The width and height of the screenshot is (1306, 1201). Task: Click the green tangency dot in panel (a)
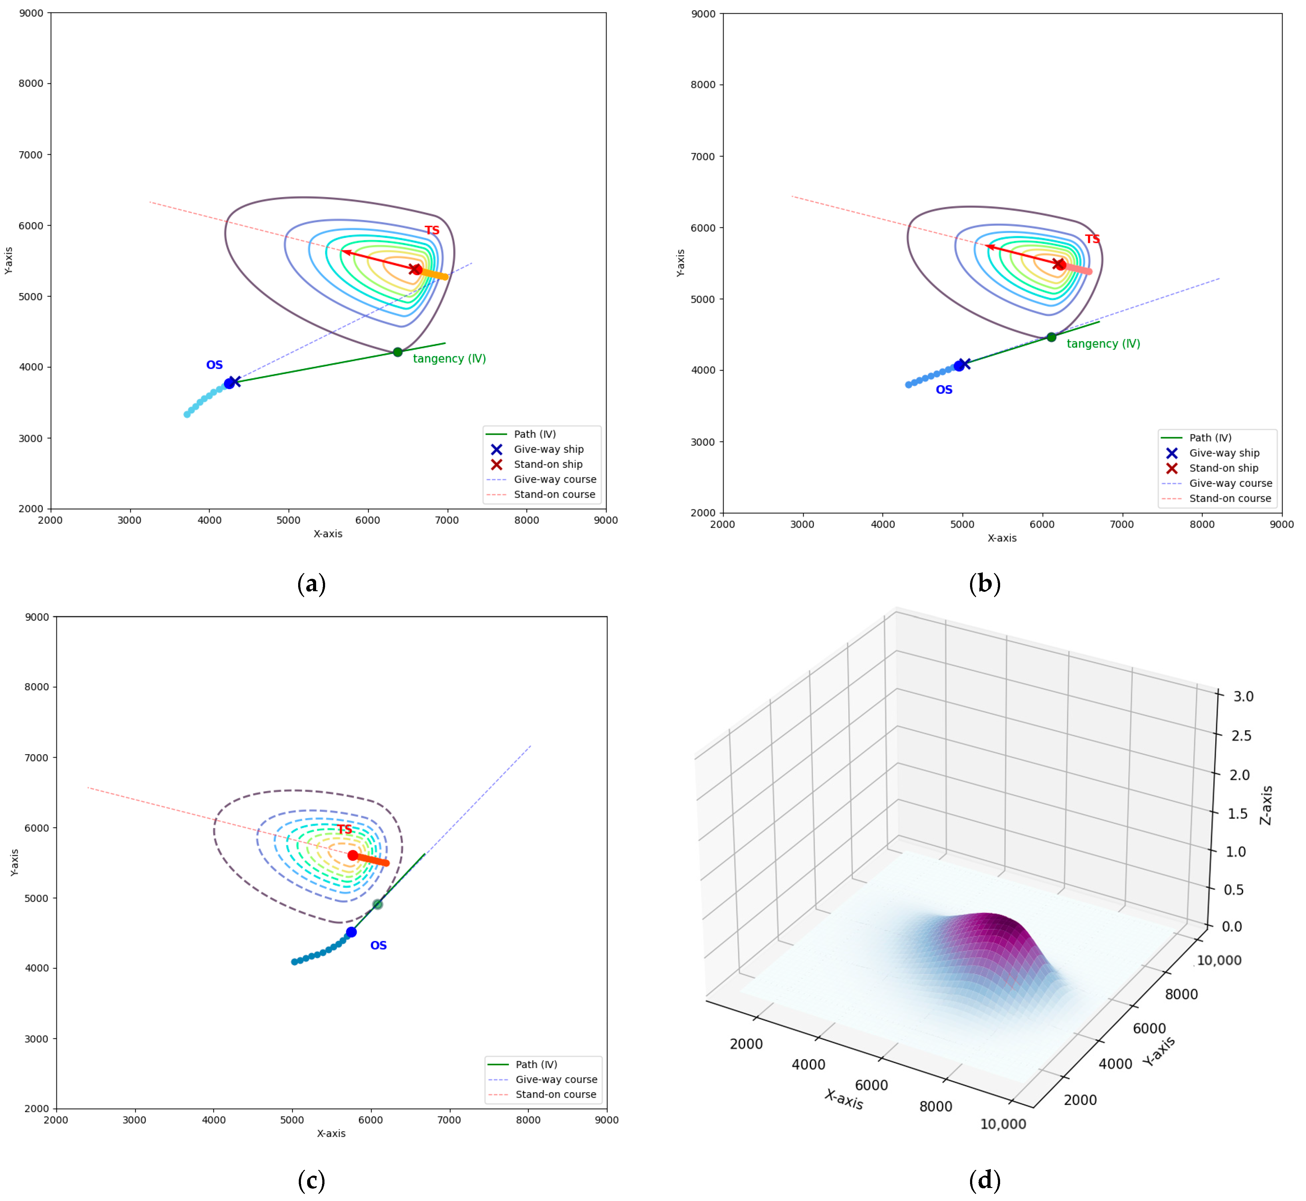coord(397,352)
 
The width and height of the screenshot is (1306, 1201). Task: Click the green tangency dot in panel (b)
coord(1051,337)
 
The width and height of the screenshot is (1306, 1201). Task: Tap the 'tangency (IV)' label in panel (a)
coord(449,359)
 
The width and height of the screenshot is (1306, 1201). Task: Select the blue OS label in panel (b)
coord(944,390)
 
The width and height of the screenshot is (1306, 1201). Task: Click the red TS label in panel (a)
coord(432,231)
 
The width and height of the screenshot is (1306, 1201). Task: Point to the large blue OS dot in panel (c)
coord(351,932)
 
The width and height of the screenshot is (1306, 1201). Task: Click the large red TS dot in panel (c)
coord(352,855)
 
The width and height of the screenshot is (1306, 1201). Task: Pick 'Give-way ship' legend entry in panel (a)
coord(548,449)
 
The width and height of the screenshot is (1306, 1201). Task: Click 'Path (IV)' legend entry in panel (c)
coord(536,1065)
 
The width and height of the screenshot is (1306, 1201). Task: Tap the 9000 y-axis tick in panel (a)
coord(31,13)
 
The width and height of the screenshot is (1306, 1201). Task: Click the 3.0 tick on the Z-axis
coord(1243,696)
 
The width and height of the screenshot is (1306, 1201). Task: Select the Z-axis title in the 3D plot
coord(1266,805)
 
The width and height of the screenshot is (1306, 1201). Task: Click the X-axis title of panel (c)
coord(331,1133)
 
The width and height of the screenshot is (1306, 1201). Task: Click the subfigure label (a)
coord(311,583)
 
